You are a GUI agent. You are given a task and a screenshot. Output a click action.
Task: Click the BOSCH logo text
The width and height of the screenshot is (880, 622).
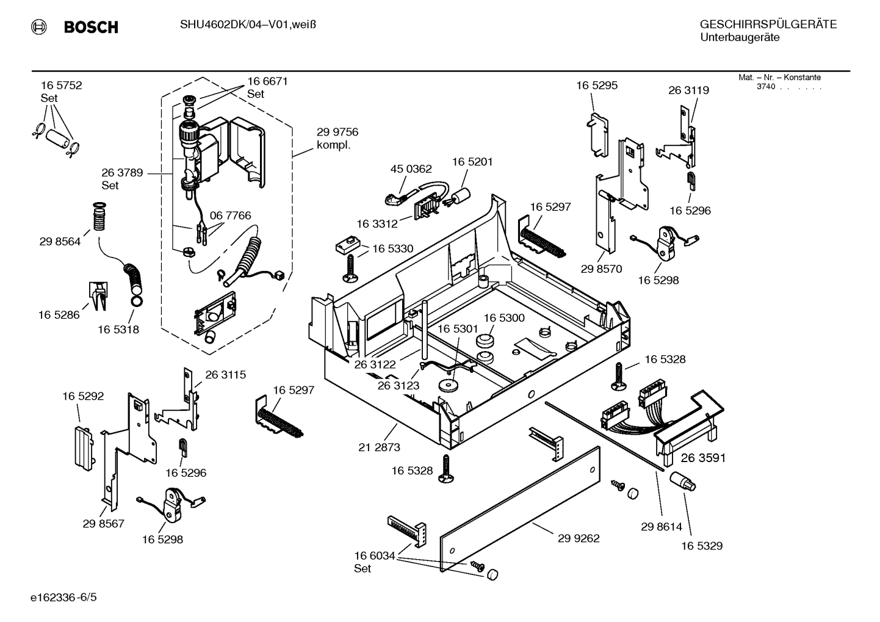click(90, 27)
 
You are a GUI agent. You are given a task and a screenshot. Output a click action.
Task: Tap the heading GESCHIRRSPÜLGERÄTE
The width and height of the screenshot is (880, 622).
click(768, 24)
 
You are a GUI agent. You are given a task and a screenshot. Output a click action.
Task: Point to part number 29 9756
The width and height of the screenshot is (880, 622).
click(337, 132)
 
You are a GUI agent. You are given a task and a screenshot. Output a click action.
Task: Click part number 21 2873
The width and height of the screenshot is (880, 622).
click(379, 447)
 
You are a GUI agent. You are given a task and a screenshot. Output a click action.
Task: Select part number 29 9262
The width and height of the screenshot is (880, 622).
click(579, 538)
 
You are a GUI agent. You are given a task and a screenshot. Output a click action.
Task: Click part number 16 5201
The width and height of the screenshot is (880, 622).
click(472, 162)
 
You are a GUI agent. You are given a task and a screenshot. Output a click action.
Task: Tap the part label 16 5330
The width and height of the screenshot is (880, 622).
click(392, 248)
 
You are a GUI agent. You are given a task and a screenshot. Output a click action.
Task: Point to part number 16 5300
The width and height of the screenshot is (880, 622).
click(504, 318)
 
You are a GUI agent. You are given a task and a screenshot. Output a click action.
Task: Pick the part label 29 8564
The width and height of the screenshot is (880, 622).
click(60, 241)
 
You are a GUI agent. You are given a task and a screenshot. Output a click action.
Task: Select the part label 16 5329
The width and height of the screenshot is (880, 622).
click(702, 546)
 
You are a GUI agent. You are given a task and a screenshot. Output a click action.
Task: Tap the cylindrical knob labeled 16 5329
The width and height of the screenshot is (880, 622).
click(682, 482)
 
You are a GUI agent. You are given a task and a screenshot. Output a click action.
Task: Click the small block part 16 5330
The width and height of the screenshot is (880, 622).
click(346, 245)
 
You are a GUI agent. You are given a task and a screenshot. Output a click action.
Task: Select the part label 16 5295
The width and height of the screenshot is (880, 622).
click(597, 85)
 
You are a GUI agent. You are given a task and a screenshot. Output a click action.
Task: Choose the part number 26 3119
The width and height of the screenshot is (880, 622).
click(688, 90)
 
